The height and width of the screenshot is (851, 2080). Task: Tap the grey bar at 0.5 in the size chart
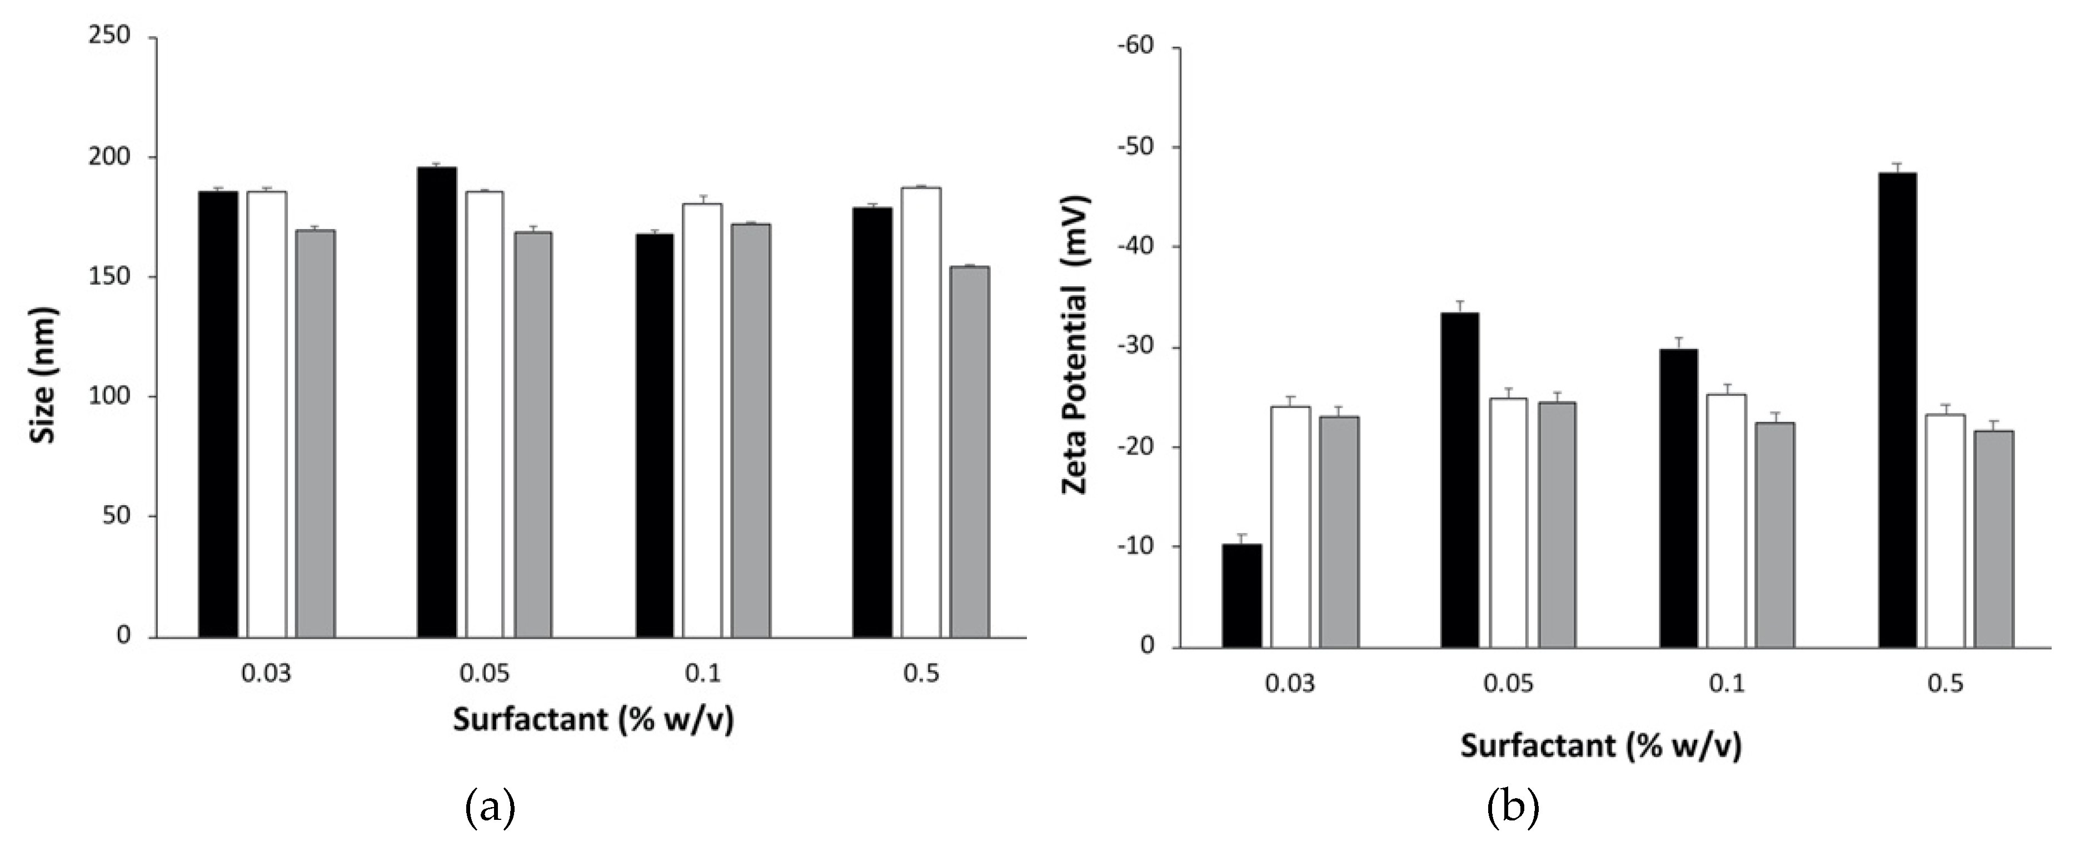(969, 452)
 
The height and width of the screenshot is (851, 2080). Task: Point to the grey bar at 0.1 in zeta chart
(1775, 535)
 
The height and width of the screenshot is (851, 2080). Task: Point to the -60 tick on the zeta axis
(1135, 47)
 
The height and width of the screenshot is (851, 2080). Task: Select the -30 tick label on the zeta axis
(1135, 347)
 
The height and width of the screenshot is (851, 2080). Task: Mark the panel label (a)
(490, 808)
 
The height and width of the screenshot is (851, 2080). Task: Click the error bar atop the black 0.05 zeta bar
(1460, 307)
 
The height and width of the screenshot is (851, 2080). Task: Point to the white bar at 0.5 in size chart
(920, 412)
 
